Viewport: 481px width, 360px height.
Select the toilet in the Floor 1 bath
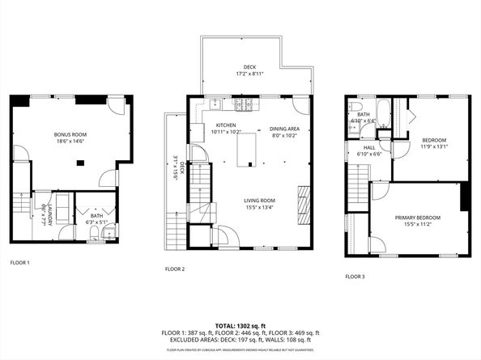(x=95, y=234)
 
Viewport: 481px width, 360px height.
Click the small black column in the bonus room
(x=79, y=163)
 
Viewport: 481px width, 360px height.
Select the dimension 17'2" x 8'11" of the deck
(x=249, y=74)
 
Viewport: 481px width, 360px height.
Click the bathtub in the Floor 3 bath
(x=383, y=115)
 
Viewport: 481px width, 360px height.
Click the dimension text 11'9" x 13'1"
(x=434, y=147)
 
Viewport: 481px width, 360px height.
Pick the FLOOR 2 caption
(x=175, y=269)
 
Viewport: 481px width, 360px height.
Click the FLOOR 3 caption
(x=355, y=277)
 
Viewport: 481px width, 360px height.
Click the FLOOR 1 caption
(x=19, y=262)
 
